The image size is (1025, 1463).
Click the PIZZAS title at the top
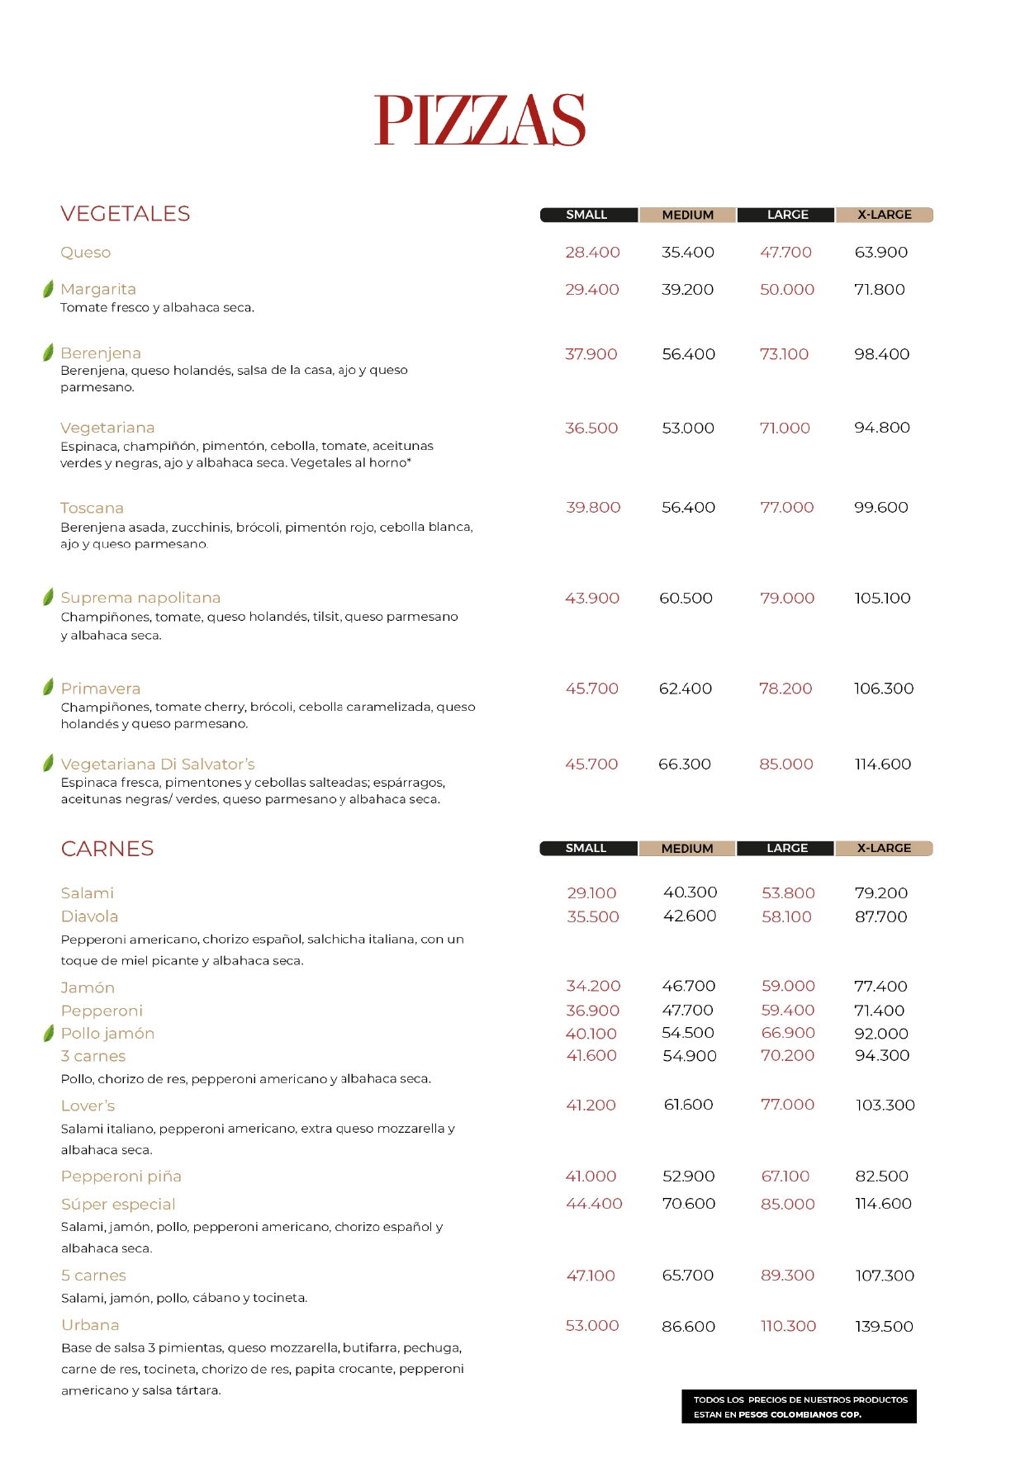[480, 121]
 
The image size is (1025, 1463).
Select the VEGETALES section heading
[126, 214]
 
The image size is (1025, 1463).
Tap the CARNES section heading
[107, 849]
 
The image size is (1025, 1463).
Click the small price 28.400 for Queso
[592, 253]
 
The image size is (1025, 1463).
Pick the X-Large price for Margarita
[880, 290]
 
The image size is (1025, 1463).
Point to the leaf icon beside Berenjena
[48, 353]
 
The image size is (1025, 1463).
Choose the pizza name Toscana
[92, 508]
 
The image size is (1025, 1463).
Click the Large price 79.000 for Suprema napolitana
[787, 599]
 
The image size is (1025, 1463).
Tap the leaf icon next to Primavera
[48, 687]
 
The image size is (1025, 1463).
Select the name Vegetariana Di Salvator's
[158, 765]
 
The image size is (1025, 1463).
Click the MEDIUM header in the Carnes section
[687, 849]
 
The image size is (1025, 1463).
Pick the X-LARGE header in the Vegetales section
[884, 215]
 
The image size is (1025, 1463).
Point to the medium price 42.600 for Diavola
[690, 916]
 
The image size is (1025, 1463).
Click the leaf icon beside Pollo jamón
[48, 1033]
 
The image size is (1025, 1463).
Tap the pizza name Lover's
[88, 1106]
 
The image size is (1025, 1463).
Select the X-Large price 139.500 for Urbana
[884, 1327]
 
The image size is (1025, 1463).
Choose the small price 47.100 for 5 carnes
[591, 1276]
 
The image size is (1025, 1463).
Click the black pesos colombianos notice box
[800, 1407]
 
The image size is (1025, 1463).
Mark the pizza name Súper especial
[118, 1205]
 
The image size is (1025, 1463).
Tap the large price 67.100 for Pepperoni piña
[785, 1177]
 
